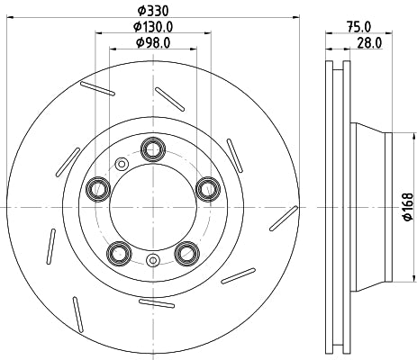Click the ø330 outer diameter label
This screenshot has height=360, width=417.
[x=152, y=10]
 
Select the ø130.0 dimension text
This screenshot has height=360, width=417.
[x=152, y=27]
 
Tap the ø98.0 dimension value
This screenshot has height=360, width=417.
[x=152, y=42]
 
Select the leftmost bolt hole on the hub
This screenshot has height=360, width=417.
[x=96, y=188]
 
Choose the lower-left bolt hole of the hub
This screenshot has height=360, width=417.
[x=118, y=252]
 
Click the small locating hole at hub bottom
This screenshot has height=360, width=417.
[x=152, y=262]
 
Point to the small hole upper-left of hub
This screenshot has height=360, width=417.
[x=121, y=164]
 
